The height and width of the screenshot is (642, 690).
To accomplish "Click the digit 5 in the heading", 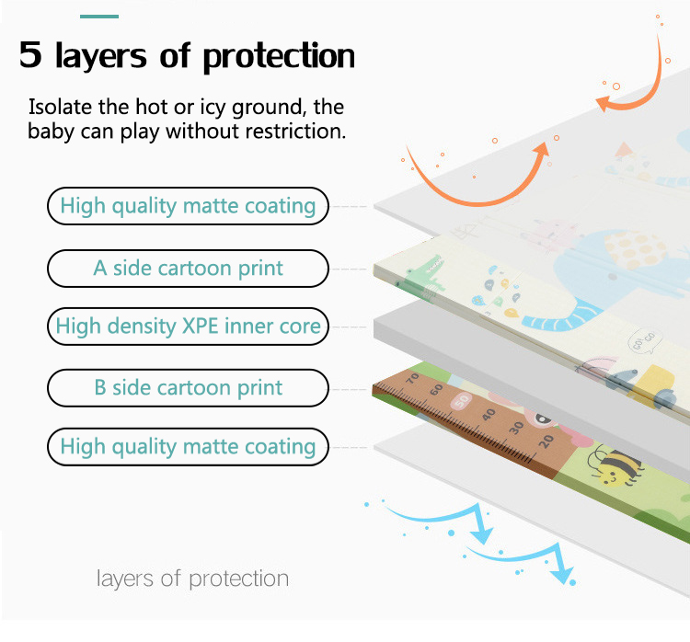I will tap(30, 55).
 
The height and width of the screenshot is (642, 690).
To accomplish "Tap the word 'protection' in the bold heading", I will tap(279, 57).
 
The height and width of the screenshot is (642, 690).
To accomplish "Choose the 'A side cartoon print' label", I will tap(188, 269).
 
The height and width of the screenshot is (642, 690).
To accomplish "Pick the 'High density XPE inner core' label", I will tap(188, 326).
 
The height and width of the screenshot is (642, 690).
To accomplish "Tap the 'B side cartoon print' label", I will tap(188, 388).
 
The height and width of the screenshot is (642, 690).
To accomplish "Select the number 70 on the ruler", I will tap(411, 377).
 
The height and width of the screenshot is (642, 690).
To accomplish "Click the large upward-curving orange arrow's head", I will tap(553, 143).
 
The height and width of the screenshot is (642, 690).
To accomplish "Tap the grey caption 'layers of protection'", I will tap(192, 579).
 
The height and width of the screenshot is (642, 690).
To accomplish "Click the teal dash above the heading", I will tap(99, 16).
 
